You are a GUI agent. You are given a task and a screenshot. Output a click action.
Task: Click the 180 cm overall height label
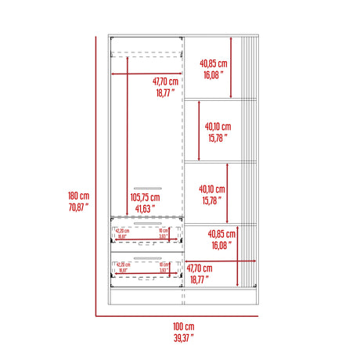[x=80, y=196]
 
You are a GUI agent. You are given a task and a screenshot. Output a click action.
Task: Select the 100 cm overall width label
[x=184, y=327]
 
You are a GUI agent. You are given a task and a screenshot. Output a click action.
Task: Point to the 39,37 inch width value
[x=184, y=338]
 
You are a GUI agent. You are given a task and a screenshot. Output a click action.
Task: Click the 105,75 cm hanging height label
[x=144, y=198]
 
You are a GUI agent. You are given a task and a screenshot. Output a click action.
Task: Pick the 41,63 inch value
[x=142, y=209]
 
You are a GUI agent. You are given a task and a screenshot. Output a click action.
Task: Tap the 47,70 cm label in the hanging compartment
[x=164, y=81]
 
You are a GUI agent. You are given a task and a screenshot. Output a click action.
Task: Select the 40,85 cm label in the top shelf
[x=212, y=63]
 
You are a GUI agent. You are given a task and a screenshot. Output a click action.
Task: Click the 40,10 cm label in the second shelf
[x=218, y=126]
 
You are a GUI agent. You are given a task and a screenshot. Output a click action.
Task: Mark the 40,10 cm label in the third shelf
[x=212, y=189]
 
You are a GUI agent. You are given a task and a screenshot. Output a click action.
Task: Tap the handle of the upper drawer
[x=146, y=222]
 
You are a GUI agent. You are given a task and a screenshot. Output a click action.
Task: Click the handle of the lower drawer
[x=146, y=257]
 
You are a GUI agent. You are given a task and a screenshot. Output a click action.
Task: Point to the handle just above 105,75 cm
[x=146, y=188]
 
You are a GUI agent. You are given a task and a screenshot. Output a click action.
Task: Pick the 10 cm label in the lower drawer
[x=162, y=265]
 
